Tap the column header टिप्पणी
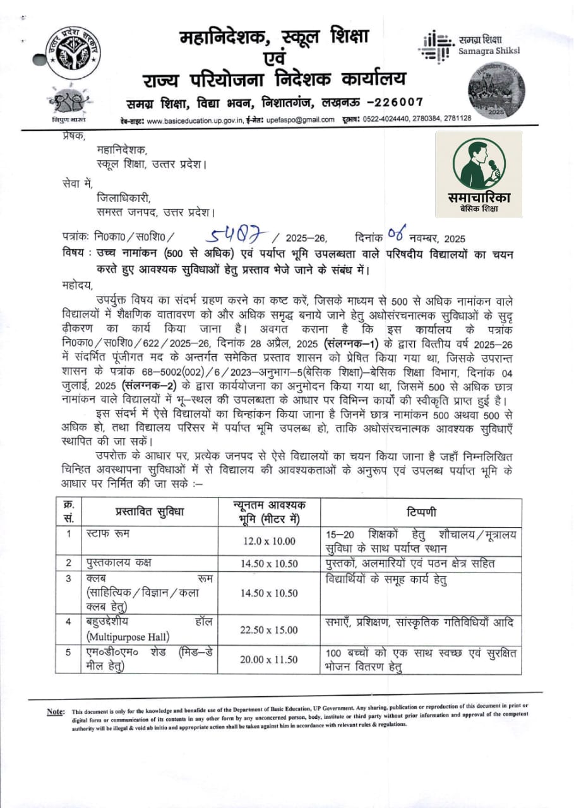pyautogui.click(x=421, y=512)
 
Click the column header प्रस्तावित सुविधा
pyautogui.click(x=150, y=512)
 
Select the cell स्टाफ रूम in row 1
pyautogui.click(x=105, y=534)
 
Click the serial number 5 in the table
pyautogui.click(x=68, y=653)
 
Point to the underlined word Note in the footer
pyautogui.click(x=56, y=712)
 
